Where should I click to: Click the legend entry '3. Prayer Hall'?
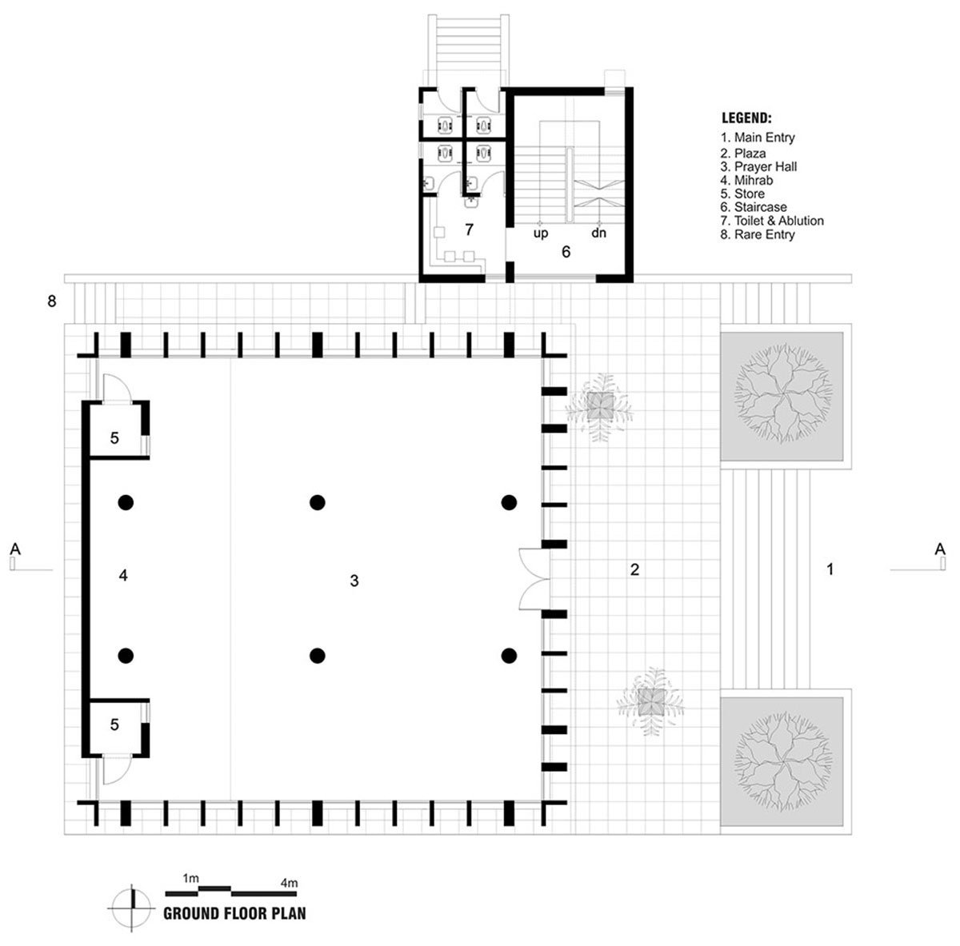pos(758,166)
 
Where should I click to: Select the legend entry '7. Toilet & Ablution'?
pos(772,221)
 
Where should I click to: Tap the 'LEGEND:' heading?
pos(746,118)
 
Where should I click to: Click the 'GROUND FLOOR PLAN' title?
pos(234,913)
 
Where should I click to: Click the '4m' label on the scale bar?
pos(289,883)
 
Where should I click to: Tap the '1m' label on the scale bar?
pos(190,878)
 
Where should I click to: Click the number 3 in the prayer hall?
pos(354,581)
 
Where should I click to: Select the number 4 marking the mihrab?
pos(123,575)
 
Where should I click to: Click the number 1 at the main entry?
pos(830,569)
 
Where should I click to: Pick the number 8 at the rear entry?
pos(52,302)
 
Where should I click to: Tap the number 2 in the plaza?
pos(634,569)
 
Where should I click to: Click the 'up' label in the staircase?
pos(542,234)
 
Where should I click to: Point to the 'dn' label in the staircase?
pos(598,234)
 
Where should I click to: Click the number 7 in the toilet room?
pos(470,230)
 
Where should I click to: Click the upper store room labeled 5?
pos(114,437)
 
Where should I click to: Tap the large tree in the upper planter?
pos(783,397)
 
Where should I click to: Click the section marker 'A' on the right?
pos(940,549)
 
